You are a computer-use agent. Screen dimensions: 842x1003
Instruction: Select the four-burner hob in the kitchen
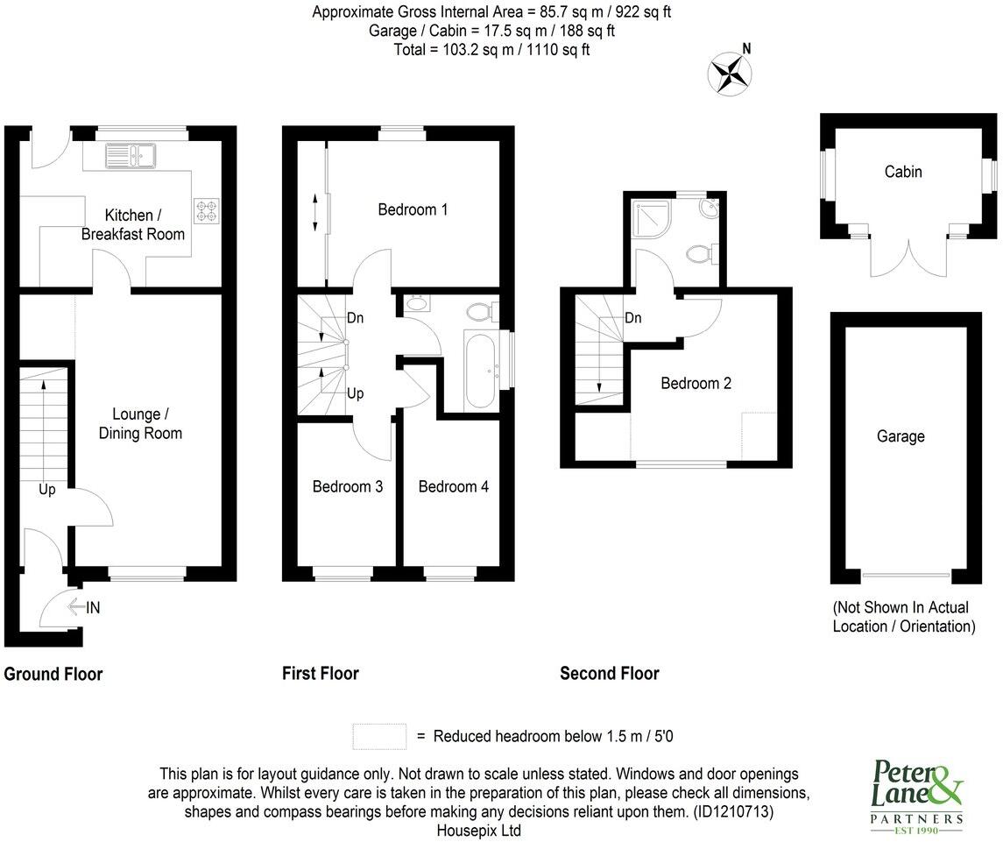pos(208,210)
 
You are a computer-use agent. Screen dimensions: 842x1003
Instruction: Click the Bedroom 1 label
pos(413,209)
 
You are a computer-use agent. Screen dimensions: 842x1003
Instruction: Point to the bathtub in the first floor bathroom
pos(480,371)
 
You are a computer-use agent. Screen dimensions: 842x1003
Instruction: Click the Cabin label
pos(902,172)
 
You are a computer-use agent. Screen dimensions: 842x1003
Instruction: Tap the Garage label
pos(900,435)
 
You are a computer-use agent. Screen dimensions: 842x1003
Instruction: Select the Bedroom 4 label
pos(453,486)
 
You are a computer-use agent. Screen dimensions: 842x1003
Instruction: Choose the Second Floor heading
pos(609,673)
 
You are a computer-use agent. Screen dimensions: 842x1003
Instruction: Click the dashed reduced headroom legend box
pos(379,736)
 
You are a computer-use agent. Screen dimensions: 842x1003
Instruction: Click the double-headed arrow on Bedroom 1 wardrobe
pos(315,213)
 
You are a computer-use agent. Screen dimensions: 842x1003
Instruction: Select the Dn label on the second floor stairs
pos(632,318)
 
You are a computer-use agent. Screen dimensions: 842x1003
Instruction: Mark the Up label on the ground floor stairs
pos(46,490)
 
